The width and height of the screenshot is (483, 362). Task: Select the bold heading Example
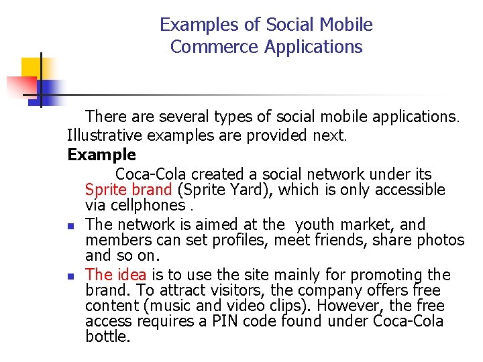coord(101,155)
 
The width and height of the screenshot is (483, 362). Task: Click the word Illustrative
coord(105,135)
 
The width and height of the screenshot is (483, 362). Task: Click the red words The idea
coord(116,274)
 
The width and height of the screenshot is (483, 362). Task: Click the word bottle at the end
coord(107,337)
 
